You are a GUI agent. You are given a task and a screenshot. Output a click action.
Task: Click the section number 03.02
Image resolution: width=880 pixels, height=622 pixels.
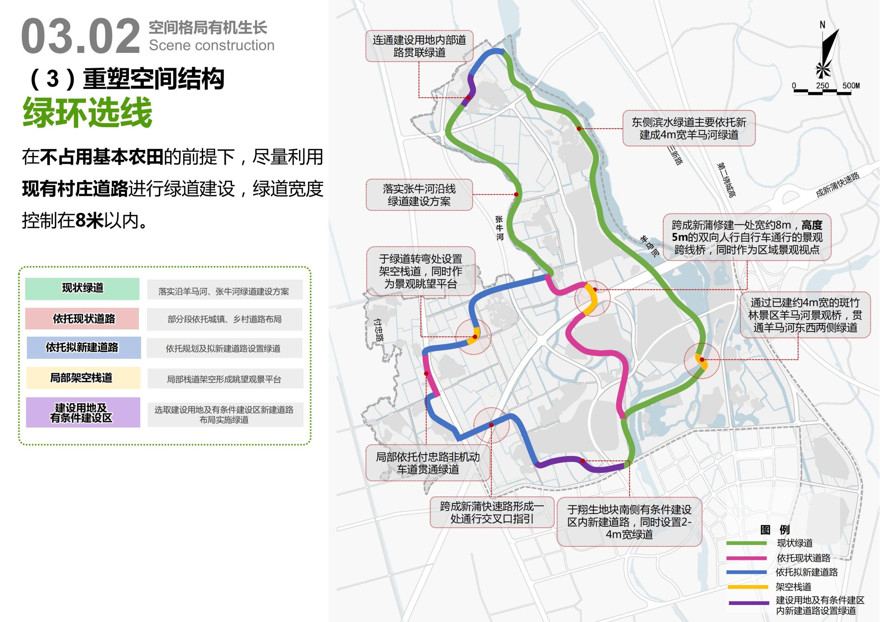[80, 37]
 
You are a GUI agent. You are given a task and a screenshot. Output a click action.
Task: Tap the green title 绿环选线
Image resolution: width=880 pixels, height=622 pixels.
[87, 112]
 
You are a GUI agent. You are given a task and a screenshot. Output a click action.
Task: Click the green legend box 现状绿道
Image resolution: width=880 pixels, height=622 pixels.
[82, 288]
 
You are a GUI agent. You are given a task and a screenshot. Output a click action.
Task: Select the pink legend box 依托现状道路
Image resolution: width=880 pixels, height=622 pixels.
[82, 319]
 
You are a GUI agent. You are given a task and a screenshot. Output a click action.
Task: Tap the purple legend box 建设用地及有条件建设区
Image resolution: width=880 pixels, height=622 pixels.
[82, 412]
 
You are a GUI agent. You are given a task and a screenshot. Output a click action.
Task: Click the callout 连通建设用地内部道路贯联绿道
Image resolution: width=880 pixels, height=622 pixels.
[419, 46]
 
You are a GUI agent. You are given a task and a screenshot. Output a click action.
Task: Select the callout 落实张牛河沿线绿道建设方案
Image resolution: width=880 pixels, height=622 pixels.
[419, 195]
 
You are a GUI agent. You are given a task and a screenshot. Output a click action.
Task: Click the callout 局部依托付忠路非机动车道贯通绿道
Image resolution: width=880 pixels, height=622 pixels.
[428, 463]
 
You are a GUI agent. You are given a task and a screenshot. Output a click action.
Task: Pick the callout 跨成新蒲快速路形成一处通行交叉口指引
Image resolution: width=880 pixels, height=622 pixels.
[492, 512]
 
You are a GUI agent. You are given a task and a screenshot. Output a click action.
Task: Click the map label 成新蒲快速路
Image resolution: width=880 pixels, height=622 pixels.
[837, 185]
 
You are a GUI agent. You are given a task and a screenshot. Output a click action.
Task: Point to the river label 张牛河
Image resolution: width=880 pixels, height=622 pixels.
[499, 228]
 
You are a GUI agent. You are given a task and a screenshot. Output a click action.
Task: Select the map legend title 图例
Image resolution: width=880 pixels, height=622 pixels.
[775, 530]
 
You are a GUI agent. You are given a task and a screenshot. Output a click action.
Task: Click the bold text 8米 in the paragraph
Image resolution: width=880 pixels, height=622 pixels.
[90, 220]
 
